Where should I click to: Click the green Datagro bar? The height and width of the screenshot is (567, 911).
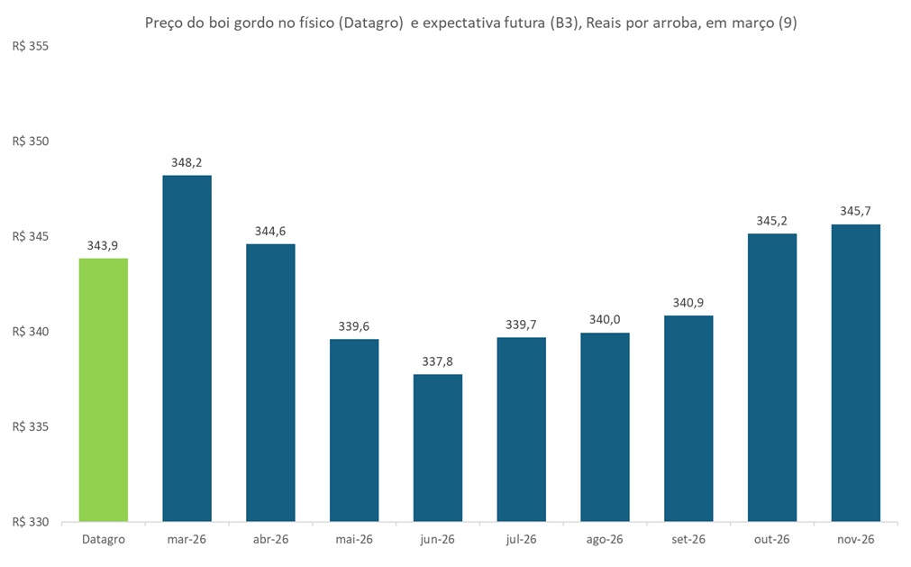coord(103,389)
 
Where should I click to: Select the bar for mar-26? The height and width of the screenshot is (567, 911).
coord(187,348)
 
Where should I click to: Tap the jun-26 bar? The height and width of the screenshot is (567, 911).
coord(438,447)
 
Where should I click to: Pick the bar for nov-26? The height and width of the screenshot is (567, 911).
coord(855,372)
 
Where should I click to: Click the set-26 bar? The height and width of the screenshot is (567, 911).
coord(688,418)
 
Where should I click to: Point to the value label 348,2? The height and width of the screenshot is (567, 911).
coord(187,163)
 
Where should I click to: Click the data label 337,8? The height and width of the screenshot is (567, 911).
coord(438,361)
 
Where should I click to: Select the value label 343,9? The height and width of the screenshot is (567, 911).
coord(103,246)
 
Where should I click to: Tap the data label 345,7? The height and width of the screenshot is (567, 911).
coord(855,212)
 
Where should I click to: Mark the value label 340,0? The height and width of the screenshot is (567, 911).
coord(605,320)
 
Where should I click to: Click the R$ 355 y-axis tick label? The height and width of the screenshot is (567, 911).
coord(31,46)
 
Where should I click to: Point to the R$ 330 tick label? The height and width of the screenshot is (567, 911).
coord(31,522)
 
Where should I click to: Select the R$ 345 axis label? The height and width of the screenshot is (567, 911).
coord(31,236)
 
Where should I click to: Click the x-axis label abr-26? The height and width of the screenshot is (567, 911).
coord(270,540)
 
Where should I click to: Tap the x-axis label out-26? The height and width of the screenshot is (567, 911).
coord(772,540)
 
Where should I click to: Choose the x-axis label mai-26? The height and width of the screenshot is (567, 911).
coord(354,540)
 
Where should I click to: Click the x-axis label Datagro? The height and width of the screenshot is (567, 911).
coord(103,540)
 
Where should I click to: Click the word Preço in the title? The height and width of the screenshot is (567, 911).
coord(165,24)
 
